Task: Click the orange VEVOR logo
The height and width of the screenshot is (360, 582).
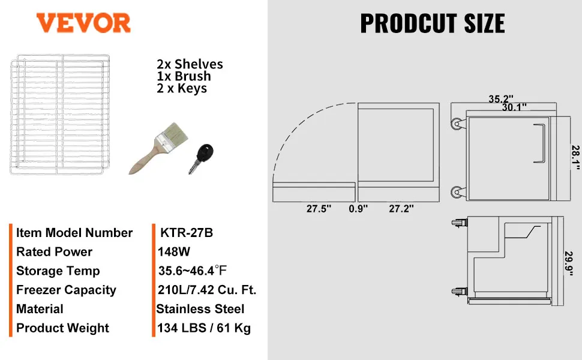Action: click(83, 23)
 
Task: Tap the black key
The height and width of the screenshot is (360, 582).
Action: click(201, 158)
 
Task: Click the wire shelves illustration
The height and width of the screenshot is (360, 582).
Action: click(60, 115)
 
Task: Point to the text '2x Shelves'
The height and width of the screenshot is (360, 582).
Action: click(190, 64)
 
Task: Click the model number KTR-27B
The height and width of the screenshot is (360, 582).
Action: click(187, 233)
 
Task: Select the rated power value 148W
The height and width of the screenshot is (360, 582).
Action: click(174, 251)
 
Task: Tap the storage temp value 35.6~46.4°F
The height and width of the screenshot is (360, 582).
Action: click(192, 271)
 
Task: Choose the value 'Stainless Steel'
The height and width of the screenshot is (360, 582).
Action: click(200, 309)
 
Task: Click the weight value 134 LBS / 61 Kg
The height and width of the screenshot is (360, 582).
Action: click(204, 328)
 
